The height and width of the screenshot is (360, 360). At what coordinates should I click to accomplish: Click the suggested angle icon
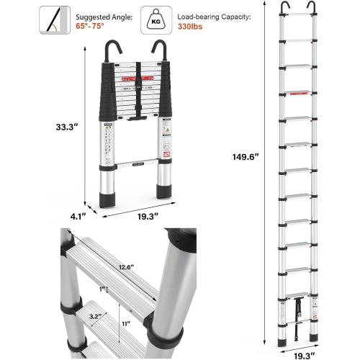(50, 19)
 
